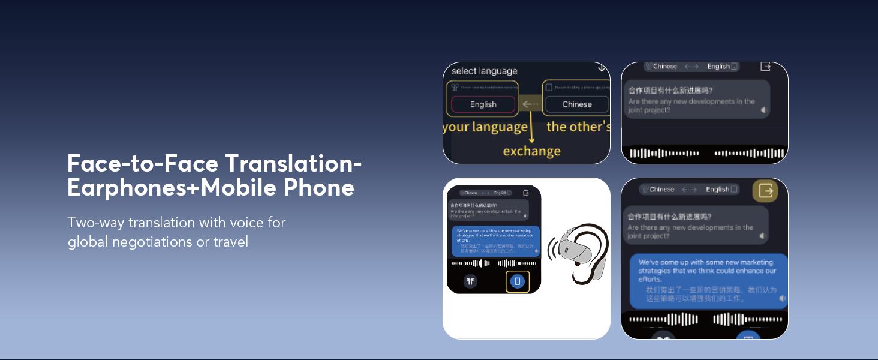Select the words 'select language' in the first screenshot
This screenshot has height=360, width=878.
(x=484, y=71)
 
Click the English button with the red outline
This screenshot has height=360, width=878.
(x=483, y=104)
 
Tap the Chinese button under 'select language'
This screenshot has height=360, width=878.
(x=577, y=104)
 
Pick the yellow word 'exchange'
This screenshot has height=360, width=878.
(x=531, y=151)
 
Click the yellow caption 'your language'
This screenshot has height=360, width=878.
(x=485, y=127)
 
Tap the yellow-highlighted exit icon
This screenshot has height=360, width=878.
(x=766, y=191)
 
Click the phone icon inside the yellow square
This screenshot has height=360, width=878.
(x=517, y=281)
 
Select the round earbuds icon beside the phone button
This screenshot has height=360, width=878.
(x=470, y=280)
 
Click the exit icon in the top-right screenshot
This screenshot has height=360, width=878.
(x=765, y=67)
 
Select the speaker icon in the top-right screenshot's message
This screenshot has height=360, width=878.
(x=763, y=110)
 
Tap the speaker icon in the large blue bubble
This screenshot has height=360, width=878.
(x=782, y=298)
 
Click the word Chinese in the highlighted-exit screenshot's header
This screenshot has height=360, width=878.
(x=661, y=190)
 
